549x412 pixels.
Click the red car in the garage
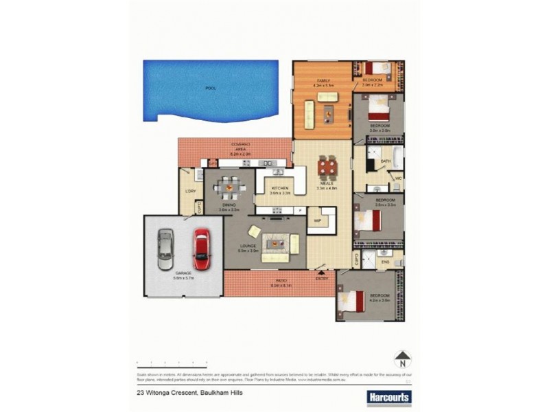[x=200, y=249]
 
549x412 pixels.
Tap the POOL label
[x=210, y=89]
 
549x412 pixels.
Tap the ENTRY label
[x=322, y=278]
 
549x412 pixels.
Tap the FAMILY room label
[x=323, y=81]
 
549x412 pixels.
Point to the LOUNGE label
[x=248, y=247]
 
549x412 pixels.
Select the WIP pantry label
[x=318, y=220]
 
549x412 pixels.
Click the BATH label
[x=385, y=161]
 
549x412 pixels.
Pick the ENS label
[x=385, y=262]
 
